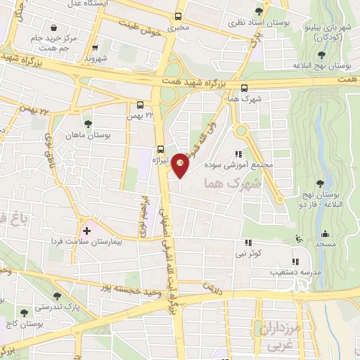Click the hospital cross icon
coord(86,230)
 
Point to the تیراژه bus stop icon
coord(161,148)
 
